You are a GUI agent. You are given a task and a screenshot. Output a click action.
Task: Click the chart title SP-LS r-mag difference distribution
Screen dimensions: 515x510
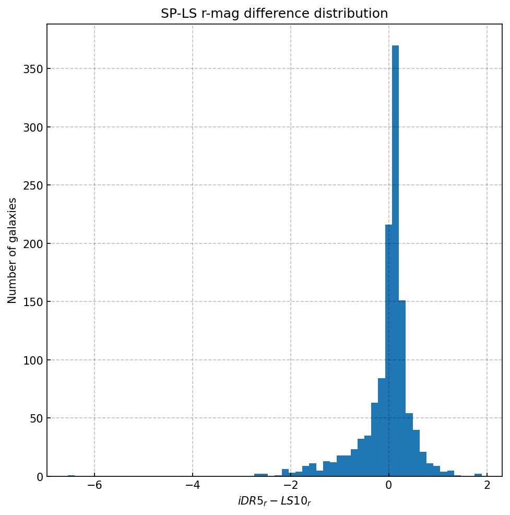point(274,14)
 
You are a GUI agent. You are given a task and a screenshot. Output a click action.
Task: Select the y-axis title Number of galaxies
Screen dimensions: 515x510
point(12,250)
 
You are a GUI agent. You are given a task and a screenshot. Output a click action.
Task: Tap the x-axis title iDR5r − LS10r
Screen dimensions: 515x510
point(274,501)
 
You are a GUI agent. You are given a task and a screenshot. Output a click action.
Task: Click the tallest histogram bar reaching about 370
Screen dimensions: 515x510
point(395,261)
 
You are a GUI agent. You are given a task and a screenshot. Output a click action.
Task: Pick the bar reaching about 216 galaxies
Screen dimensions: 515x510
point(388,350)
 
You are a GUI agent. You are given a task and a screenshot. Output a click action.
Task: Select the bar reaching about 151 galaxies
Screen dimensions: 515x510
point(402,389)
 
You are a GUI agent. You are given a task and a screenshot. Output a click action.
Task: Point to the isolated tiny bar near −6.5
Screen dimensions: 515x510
point(71,475)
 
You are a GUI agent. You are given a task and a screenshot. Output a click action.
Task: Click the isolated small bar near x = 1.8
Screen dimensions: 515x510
point(478,475)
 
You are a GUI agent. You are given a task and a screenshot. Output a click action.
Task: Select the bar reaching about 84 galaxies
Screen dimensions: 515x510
point(382,428)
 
